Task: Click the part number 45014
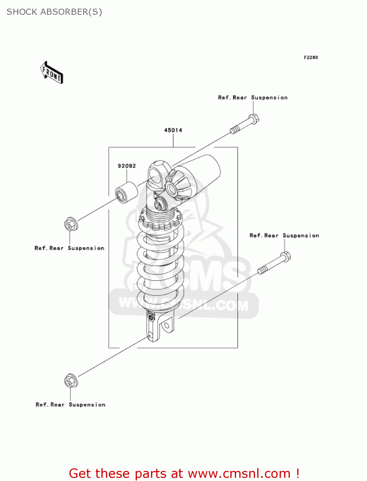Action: point(173,130)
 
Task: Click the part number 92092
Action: point(127,166)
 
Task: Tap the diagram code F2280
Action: point(311,57)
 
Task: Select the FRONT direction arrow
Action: point(52,73)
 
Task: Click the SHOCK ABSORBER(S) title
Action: point(54,12)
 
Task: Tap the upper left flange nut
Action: point(71,224)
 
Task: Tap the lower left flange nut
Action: point(71,381)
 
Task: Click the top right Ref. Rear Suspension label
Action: point(252,97)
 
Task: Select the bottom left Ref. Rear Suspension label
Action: point(70,405)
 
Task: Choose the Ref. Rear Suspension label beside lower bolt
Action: point(284,236)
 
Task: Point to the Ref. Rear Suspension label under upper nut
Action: point(69,248)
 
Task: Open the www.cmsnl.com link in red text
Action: point(239,473)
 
